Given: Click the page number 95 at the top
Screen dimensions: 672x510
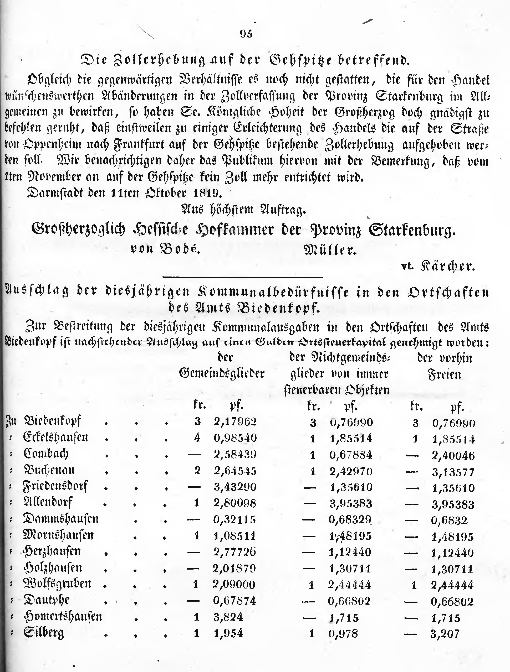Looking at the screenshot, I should [246, 34].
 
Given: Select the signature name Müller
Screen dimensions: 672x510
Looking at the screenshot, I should [330, 250].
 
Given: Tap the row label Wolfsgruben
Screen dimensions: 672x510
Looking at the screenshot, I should [57, 584].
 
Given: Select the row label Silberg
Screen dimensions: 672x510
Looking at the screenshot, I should [44, 633].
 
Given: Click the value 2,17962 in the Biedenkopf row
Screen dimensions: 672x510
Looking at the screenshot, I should [235, 422].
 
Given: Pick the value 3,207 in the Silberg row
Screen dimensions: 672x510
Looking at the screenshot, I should [445, 634].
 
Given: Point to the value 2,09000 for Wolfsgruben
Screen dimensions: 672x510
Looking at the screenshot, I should [234, 584].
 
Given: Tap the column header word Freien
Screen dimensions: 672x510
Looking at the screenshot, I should [444, 374].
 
